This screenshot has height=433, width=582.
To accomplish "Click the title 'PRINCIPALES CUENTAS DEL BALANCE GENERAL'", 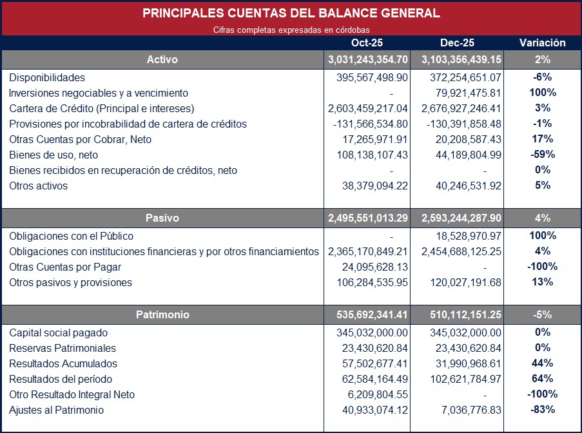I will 291,13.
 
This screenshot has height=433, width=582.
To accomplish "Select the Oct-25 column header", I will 367,43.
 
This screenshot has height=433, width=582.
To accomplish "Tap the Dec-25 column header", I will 457,43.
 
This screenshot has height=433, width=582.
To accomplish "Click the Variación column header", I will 543,43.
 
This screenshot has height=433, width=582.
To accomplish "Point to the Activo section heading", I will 162,60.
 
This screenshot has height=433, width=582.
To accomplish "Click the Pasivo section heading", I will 162,218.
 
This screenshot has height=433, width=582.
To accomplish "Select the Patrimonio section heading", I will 162,315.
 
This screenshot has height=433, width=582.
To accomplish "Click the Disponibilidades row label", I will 47,78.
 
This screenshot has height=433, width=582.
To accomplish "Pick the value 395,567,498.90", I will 372,78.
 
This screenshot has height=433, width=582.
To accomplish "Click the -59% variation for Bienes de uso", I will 543,155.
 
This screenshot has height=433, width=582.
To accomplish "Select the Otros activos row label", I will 38,186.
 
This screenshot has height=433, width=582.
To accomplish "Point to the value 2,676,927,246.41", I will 461,108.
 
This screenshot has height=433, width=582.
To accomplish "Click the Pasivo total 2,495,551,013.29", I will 367,218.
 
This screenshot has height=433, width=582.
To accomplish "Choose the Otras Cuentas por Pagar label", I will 65,267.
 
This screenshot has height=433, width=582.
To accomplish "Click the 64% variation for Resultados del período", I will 543,379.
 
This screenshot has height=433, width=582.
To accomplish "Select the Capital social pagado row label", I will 58,333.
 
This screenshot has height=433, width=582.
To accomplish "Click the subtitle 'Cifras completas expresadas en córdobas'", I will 291,30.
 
